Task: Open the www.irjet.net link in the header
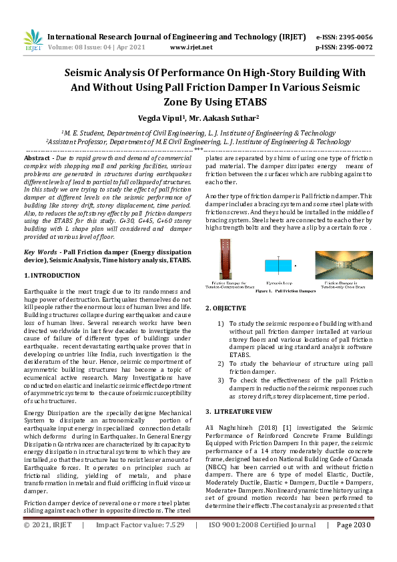[191, 47]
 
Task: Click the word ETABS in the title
[250, 102]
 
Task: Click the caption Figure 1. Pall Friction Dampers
[276, 292]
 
